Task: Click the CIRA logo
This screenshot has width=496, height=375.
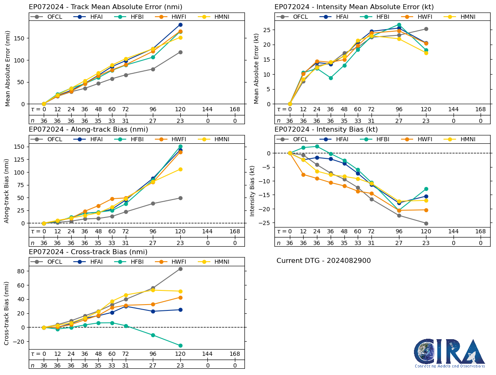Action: click(x=449, y=352)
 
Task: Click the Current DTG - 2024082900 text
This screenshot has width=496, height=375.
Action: click(x=324, y=261)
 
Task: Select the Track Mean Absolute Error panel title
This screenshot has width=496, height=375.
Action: click(x=105, y=7)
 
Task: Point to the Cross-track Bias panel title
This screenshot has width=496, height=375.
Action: click(x=88, y=252)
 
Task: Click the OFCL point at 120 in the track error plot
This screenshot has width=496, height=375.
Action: click(x=180, y=52)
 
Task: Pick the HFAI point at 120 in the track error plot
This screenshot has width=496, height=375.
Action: click(x=180, y=25)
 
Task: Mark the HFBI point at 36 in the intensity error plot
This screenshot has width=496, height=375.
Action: click(x=331, y=78)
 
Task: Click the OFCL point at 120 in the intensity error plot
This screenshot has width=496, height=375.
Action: click(x=426, y=29)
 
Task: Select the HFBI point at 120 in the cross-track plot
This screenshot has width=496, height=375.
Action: click(x=180, y=345)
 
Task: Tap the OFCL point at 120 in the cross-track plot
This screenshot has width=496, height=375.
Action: click(x=180, y=269)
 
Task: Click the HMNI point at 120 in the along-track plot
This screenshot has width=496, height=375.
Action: click(x=180, y=169)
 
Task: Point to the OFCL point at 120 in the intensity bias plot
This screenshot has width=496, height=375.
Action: click(x=426, y=223)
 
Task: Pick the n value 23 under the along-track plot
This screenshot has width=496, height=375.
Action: click(x=180, y=243)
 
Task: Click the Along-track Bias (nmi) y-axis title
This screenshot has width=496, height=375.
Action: click(x=7, y=185)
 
